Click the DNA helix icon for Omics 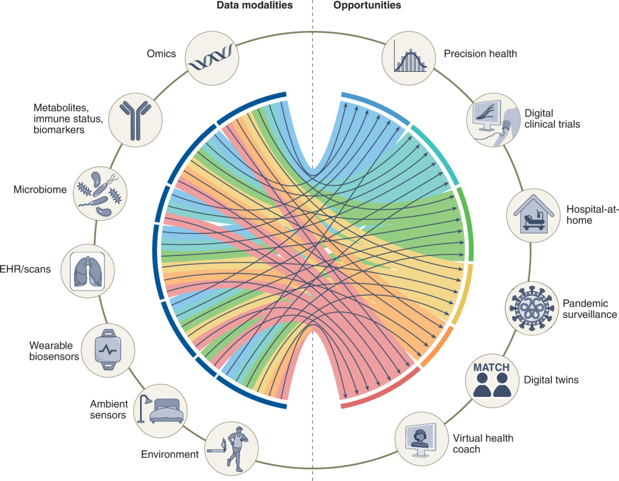(211, 57)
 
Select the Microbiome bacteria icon (100, 189)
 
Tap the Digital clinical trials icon (492, 119)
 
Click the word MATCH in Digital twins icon (491, 368)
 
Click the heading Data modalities (254, 5)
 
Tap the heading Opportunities (367, 5)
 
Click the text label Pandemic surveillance (589, 309)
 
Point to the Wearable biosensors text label (54, 350)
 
